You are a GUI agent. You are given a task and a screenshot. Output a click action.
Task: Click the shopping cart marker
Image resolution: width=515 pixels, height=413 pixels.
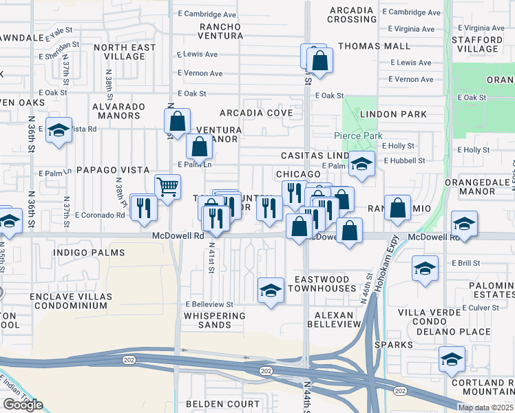point(167,187)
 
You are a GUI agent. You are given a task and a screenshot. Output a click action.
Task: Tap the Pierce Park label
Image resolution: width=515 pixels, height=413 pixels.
point(358,136)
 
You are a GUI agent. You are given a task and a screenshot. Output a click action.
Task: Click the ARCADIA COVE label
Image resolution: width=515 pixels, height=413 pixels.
point(256,112)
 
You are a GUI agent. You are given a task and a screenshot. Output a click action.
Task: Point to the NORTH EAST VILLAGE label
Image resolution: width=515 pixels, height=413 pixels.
point(125,52)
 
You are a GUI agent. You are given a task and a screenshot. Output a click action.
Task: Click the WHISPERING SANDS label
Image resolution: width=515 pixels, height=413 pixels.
point(214,320)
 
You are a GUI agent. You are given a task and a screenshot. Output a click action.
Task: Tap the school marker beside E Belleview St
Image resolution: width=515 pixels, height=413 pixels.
point(271,290)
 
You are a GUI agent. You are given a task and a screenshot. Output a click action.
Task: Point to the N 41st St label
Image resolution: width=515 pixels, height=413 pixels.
point(211,256)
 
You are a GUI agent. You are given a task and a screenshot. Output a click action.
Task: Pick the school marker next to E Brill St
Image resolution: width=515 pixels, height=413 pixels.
point(425,268)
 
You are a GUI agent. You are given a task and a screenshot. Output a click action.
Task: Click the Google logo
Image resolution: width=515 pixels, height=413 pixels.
point(23,405)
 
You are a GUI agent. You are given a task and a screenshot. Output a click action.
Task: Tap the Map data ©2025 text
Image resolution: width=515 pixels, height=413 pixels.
point(485,407)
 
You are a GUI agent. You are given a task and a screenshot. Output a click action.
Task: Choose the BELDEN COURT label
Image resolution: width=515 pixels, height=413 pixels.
point(222,404)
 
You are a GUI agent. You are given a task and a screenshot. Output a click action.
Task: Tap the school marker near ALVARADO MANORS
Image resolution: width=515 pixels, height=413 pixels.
point(59,130)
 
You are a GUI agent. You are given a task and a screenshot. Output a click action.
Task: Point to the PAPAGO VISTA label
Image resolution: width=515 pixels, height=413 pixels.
point(113,169)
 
